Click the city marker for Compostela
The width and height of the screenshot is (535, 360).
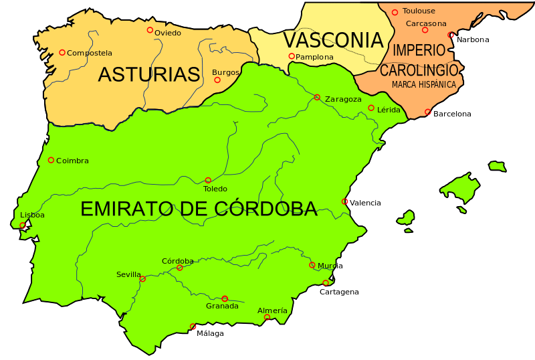[62, 52]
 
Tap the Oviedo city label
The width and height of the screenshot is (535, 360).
[167, 33]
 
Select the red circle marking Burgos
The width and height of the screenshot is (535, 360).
[217, 80]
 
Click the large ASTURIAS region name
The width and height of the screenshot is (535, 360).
[148, 74]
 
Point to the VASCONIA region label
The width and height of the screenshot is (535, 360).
[332, 40]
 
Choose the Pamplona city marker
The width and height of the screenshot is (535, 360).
[292, 56]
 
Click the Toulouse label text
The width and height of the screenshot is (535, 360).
[419, 11]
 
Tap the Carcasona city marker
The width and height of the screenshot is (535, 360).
[425, 30]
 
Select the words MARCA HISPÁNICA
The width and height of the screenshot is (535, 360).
[424, 85]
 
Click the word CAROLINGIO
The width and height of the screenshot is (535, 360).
[419, 70]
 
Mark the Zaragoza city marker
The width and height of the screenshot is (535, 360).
[317, 97]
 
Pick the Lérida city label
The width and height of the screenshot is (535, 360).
[389, 109]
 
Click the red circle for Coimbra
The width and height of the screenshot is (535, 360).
[51, 160]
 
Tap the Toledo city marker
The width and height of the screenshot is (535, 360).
[208, 180]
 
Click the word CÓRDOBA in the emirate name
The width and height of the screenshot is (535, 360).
[267, 209]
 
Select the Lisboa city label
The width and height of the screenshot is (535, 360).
[32, 215]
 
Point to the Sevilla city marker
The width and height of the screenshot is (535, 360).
[142, 279]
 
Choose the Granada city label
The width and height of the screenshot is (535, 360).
[222, 306]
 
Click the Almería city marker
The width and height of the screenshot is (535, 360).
[267, 317]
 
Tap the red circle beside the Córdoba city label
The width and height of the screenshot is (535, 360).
[179, 268]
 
